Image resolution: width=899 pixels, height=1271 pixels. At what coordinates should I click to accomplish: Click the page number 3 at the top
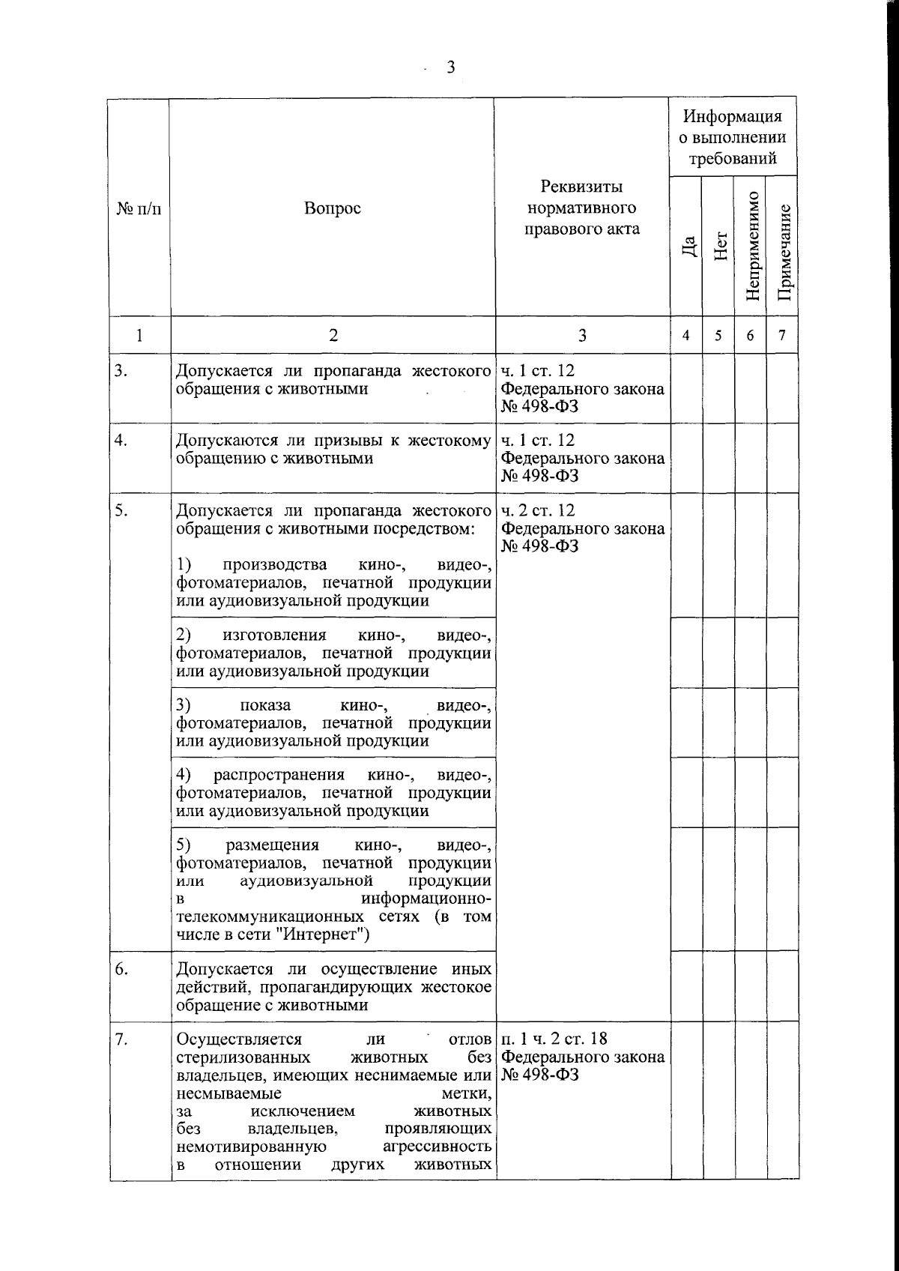click(x=450, y=68)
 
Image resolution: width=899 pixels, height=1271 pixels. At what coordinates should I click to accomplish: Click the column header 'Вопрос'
click(x=332, y=208)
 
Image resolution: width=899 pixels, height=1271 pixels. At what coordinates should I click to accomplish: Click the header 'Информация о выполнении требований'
click(x=733, y=137)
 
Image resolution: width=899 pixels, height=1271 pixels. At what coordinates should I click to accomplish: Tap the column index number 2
click(x=333, y=336)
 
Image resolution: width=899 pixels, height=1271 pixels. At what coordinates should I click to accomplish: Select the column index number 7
click(x=782, y=336)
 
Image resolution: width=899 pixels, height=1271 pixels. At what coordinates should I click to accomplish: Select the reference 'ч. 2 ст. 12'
click(x=537, y=510)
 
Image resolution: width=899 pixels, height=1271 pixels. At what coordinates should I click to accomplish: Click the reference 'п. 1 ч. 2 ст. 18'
click(x=554, y=1039)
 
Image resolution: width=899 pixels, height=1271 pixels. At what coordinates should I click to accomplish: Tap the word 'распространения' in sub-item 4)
click(x=279, y=775)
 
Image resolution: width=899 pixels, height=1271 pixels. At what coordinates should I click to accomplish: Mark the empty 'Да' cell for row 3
click(x=686, y=388)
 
